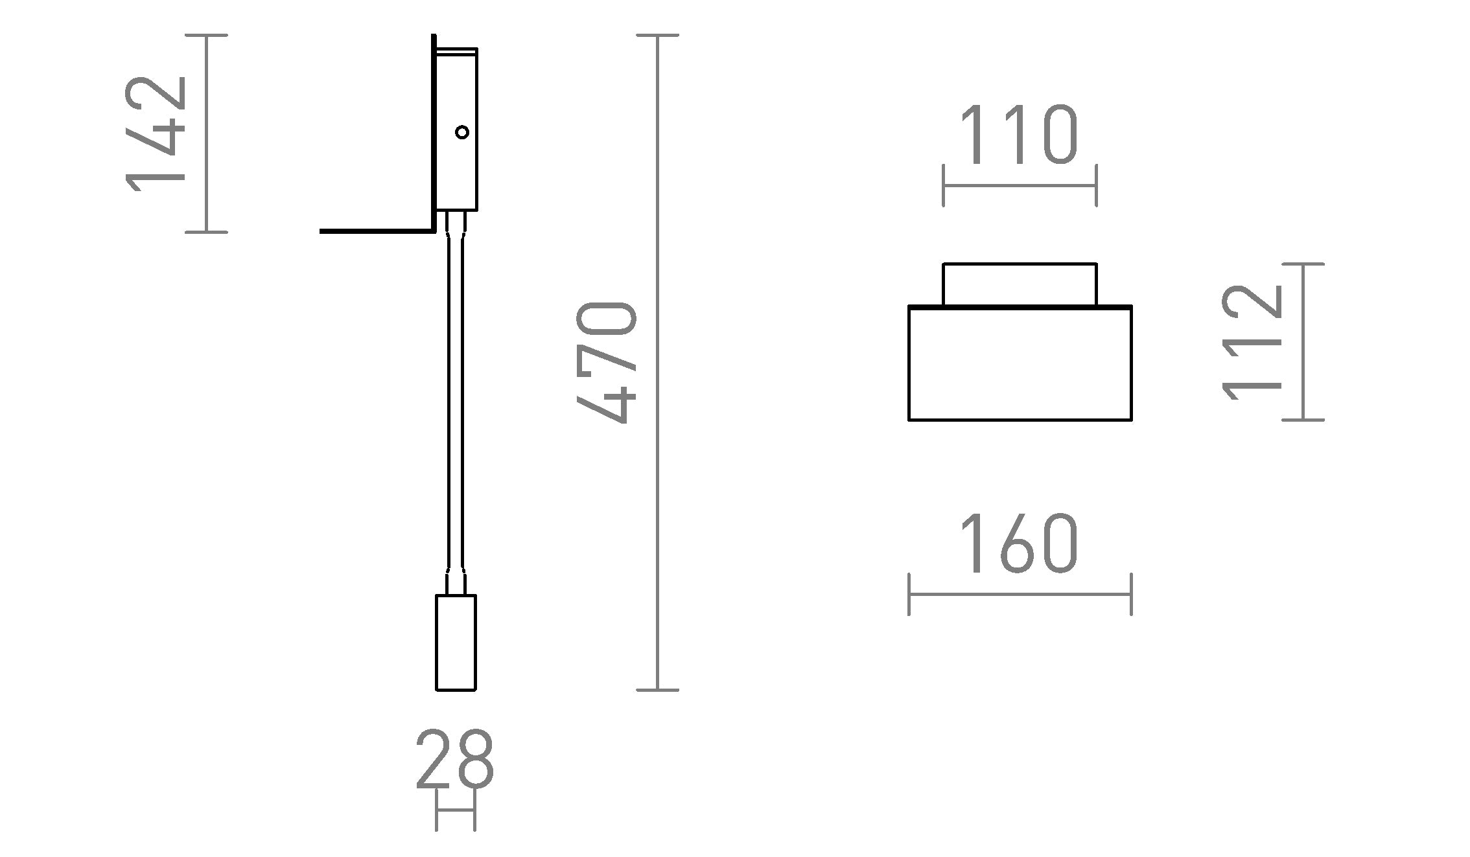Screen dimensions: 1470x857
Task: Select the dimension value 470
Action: [607, 362]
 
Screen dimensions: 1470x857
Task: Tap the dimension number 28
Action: [455, 759]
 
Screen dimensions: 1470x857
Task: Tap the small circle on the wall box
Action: [462, 132]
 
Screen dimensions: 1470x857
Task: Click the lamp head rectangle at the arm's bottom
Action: [456, 642]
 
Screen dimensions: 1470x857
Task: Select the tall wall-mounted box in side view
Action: [456, 130]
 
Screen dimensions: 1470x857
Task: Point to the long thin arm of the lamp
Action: [455, 402]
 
